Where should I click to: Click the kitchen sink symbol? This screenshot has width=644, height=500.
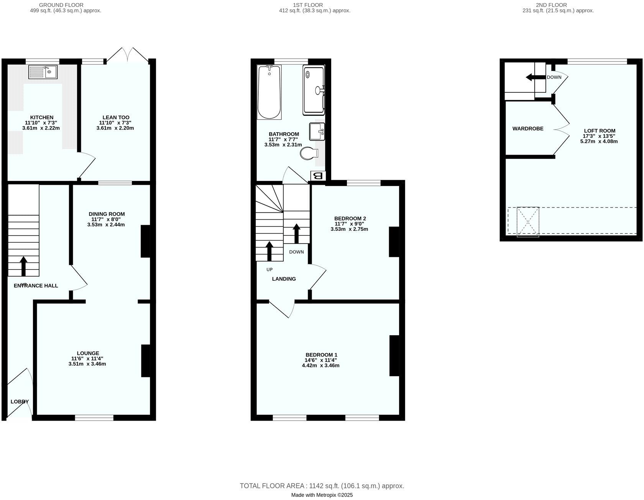[43, 72]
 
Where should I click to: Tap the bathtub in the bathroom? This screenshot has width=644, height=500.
[269, 92]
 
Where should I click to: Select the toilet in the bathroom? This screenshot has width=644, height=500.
[309, 153]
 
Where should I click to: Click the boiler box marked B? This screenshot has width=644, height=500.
[318, 176]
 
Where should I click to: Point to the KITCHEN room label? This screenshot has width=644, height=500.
[42, 117]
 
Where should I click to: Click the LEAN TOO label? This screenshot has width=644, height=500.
[116, 117]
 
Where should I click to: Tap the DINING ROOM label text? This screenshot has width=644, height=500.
[107, 214]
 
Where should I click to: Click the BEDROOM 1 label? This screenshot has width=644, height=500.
[321, 355]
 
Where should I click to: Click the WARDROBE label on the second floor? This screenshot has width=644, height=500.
[528, 128]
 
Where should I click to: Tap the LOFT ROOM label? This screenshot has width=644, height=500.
[600, 131]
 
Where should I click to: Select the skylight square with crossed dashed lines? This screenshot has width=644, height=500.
[528, 222]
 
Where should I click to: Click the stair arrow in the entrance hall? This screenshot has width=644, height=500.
[24, 266]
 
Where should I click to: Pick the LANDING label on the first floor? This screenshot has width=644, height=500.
[284, 279]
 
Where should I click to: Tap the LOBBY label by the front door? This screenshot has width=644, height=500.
[20, 401]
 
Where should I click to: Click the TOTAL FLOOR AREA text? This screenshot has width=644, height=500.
[322, 486]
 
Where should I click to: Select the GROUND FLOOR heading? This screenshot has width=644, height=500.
[61, 5]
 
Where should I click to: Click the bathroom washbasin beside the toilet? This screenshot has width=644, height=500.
[317, 132]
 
